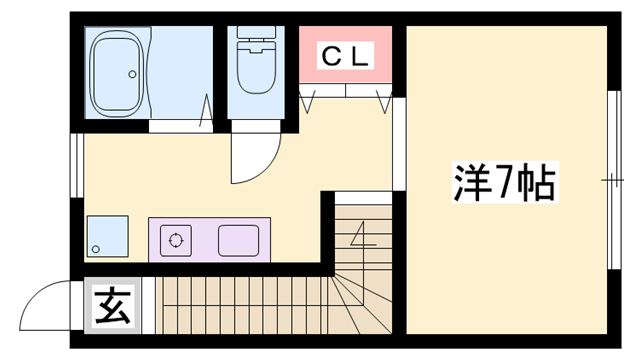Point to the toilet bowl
pyautogui.click(x=256, y=76)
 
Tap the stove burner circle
pyautogui.click(x=177, y=240)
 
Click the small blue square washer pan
pyautogui.click(x=105, y=237)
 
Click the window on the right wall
pyautogui.click(x=612, y=181)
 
